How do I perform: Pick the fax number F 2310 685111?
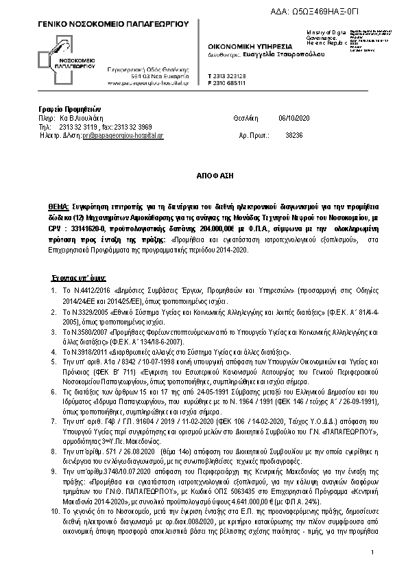click(226, 83)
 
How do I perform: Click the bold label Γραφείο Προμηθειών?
click(70, 109)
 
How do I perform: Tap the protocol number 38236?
click(293, 136)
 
